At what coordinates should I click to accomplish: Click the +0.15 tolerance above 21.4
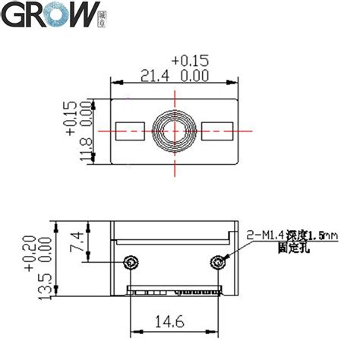coord(190,60)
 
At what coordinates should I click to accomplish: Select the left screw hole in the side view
coord(131,262)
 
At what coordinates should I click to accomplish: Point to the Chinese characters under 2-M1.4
coord(293,248)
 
